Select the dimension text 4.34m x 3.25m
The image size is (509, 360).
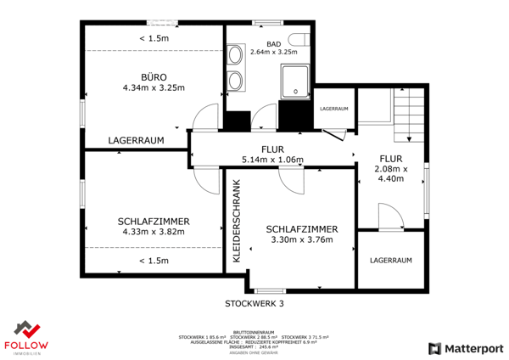(x=154, y=87)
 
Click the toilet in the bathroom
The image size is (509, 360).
(x=297, y=38)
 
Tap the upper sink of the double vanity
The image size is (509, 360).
(x=236, y=60)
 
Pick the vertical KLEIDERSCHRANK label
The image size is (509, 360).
(x=238, y=220)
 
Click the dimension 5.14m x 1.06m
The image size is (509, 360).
(x=272, y=160)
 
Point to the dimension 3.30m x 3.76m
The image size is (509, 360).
(x=302, y=240)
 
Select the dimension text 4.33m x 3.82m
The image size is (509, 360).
(x=154, y=232)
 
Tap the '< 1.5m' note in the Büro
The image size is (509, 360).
(x=154, y=39)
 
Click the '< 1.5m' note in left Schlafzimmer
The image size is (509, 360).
(x=154, y=261)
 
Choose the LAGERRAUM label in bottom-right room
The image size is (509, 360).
(x=390, y=260)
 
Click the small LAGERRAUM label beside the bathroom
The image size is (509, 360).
(x=333, y=109)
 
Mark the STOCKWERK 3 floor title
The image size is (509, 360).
(x=255, y=302)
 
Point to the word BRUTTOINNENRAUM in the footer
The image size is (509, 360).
(x=255, y=332)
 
